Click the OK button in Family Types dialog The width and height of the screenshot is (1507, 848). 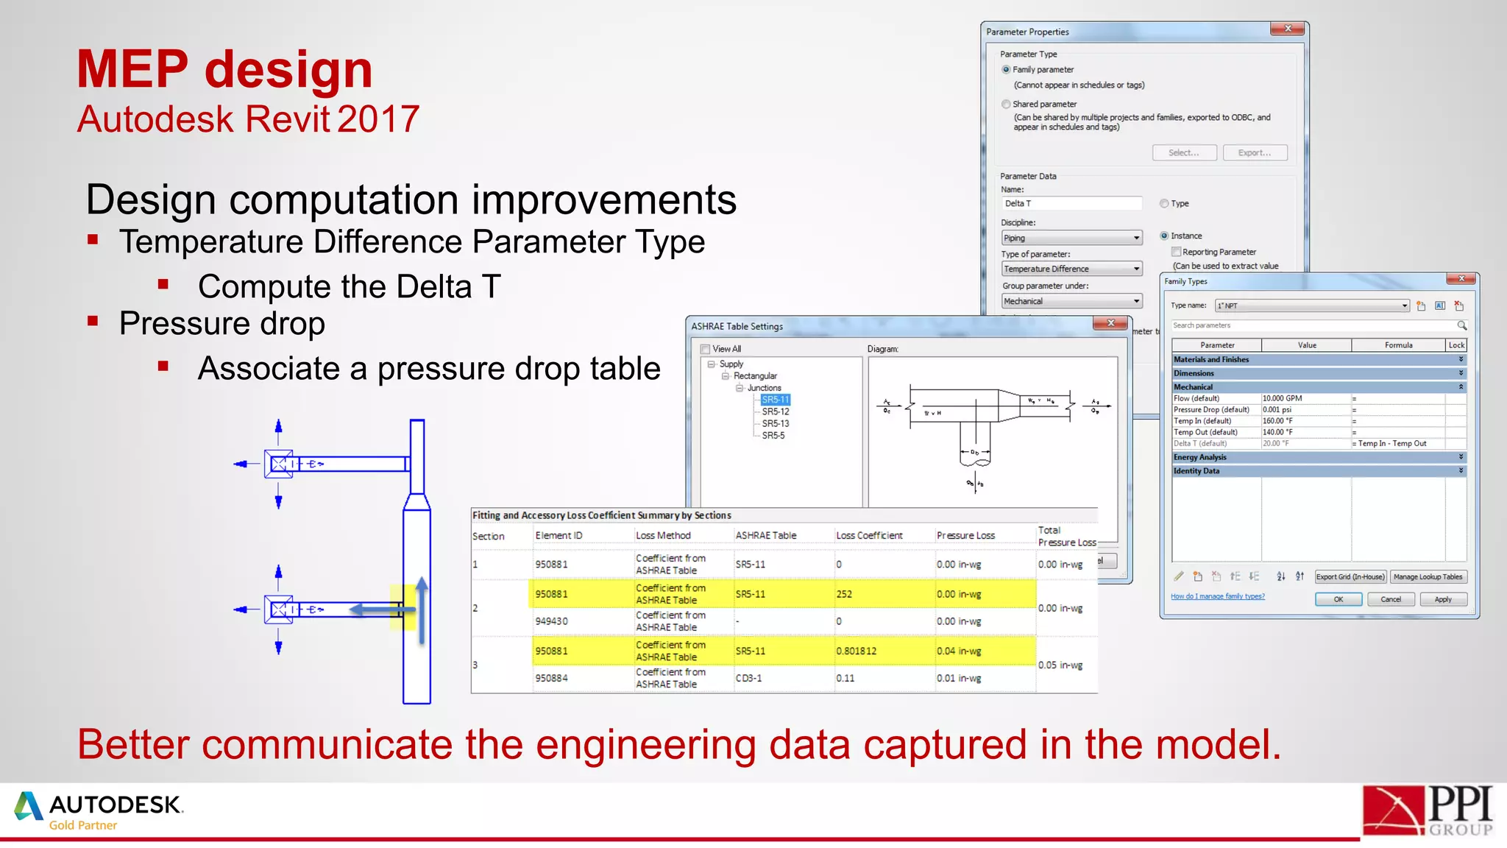[1338, 599]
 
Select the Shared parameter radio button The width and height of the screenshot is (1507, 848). [1006, 105]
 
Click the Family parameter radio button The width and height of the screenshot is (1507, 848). [1006, 69]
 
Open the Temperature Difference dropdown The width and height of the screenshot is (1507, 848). [1136, 269]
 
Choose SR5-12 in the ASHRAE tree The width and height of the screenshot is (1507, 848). [775, 411]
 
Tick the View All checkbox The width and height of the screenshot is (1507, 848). [705, 349]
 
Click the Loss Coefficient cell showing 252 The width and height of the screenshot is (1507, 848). [844, 594]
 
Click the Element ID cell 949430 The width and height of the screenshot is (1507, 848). [551, 621]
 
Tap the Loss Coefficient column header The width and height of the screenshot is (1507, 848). [869, 536]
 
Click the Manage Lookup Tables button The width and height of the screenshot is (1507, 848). [1428, 577]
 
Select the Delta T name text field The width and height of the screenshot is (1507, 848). [1071, 204]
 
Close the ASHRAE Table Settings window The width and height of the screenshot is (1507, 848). [1110, 324]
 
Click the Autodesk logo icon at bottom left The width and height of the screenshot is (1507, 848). [29, 806]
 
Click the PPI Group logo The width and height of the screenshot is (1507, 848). [1427, 810]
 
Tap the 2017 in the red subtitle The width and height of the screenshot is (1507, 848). [378, 119]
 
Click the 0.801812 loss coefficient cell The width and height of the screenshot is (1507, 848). [857, 651]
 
